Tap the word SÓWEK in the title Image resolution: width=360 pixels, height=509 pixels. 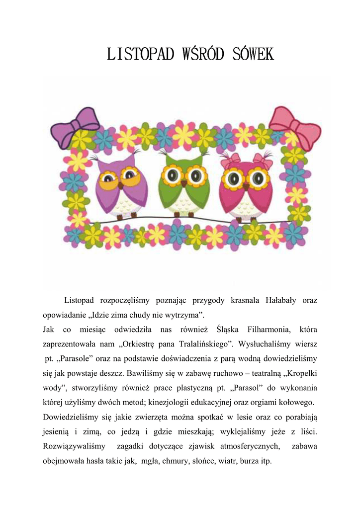(x=253, y=54)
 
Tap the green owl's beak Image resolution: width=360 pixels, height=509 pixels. (x=184, y=183)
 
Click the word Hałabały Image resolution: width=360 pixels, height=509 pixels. (x=279, y=301)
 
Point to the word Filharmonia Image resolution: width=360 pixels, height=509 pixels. (x=262, y=330)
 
